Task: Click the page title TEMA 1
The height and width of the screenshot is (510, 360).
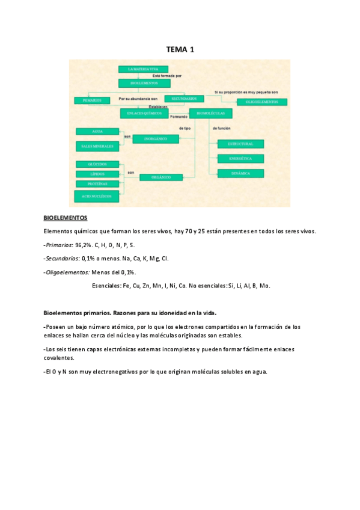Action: [180, 49]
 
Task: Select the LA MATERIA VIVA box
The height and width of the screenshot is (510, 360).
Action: [138, 70]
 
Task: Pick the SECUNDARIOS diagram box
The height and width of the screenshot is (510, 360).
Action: [184, 98]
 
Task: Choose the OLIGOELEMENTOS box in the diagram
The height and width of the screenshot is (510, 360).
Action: [258, 102]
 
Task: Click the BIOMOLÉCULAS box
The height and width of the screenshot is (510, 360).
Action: [210, 112]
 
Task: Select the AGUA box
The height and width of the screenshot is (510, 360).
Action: [97, 131]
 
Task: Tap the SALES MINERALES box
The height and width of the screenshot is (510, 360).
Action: [97, 146]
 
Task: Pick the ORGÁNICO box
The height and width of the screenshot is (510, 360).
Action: [161, 177]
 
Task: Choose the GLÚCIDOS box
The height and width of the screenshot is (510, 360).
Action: [97, 164]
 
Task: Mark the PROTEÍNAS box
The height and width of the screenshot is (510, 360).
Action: [97, 183]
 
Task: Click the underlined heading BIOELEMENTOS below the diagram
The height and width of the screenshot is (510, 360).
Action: [66, 218]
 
